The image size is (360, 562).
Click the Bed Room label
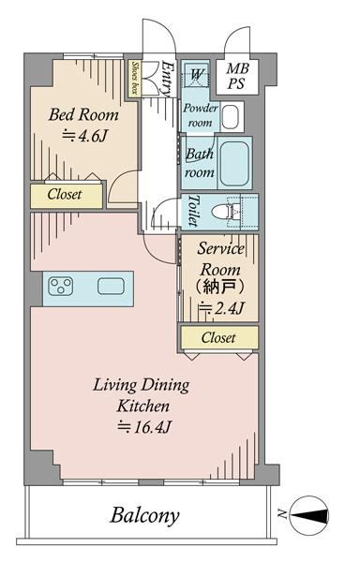click(83, 114)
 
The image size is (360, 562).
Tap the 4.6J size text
click(84, 136)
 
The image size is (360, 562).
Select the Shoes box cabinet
click(135, 78)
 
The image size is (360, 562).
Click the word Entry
click(167, 79)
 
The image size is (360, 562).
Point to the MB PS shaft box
click(237, 77)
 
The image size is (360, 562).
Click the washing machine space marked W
click(196, 75)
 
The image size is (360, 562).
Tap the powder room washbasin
click(231, 117)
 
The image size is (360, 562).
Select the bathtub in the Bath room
click(234, 163)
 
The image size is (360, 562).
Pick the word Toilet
click(193, 211)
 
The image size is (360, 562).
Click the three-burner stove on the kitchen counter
click(61, 287)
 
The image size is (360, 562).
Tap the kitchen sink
click(112, 287)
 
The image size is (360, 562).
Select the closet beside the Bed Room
click(67, 196)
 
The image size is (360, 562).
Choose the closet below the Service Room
click(218, 337)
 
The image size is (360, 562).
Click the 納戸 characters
click(219, 288)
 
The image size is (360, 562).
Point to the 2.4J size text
click(222, 308)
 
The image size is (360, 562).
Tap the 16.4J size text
click(145, 427)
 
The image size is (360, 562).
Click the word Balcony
click(144, 515)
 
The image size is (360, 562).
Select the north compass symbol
click(308, 515)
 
